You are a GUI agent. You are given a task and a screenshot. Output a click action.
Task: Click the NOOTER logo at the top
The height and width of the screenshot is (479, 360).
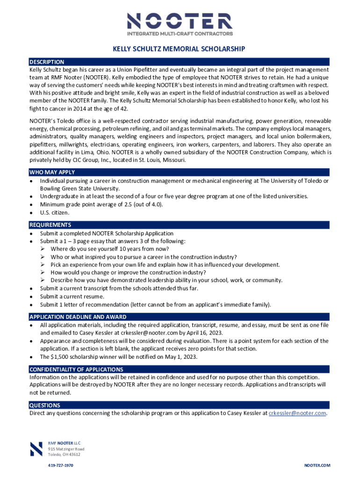(x=180, y=21)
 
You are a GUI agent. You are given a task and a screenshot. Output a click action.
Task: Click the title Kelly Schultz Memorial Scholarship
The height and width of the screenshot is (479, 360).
(x=180, y=49)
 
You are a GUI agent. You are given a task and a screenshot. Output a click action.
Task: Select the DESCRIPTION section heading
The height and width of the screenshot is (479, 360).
(x=47, y=62)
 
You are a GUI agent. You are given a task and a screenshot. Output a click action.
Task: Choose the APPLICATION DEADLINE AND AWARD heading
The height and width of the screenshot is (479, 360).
(x=78, y=317)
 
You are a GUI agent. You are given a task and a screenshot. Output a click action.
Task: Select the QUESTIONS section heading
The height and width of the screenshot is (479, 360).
(x=44, y=406)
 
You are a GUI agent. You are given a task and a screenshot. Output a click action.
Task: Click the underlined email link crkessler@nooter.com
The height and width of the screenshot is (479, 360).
(x=297, y=414)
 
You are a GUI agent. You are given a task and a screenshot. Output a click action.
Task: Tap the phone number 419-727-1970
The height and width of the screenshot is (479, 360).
(x=61, y=466)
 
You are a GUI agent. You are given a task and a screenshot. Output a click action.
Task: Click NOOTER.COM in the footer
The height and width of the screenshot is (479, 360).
(x=317, y=466)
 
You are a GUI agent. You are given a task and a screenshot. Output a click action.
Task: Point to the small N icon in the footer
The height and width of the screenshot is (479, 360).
(x=36, y=449)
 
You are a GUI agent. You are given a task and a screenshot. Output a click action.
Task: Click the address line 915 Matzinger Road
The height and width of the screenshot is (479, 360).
(x=66, y=449)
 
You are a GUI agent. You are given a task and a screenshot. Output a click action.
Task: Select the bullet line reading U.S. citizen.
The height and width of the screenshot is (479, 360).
(x=55, y=212)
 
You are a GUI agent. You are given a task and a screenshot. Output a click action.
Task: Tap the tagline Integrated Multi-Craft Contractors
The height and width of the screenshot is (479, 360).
(x=180, y=34)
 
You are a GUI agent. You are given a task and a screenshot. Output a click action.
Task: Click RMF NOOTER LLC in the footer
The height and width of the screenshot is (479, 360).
(x=65, y=442)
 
